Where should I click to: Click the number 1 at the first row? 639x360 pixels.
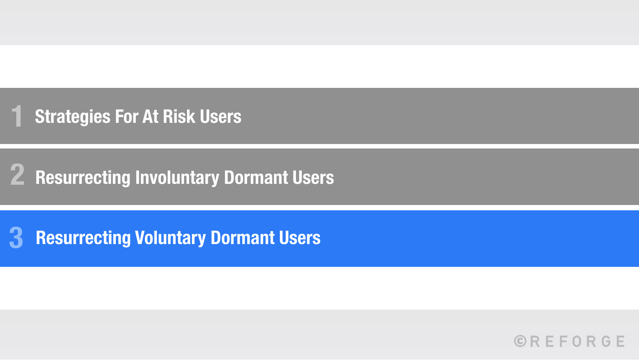coord(17,116)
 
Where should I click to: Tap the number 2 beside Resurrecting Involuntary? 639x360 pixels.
coord(17,175)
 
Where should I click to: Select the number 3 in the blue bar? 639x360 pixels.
coord(16,238)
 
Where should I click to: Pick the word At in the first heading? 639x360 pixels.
coord(150,117)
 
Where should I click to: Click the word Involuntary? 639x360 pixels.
coord(177,178)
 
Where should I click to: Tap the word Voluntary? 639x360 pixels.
coord(170,238)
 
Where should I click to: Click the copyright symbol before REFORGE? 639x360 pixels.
coord(520,341)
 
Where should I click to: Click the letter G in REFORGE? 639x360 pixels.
coord(606,341)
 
